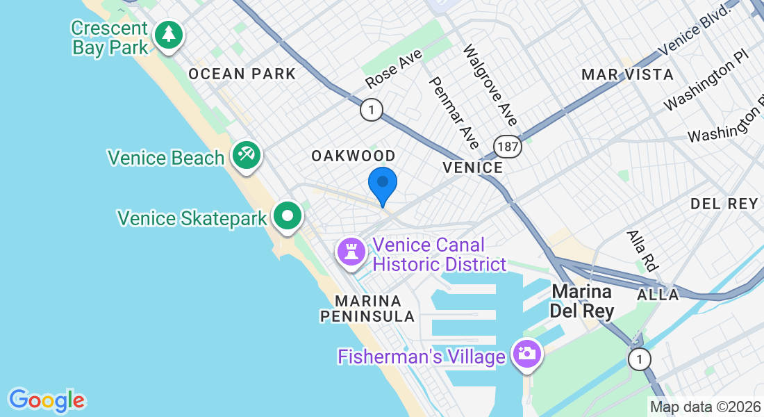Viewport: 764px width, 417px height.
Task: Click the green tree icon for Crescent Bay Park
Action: tap(168, 34)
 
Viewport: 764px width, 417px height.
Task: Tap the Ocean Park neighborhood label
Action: tap(242, 74)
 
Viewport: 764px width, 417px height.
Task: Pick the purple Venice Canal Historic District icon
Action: tap(351, 251)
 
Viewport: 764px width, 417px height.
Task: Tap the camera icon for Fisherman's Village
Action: tap(526, 352)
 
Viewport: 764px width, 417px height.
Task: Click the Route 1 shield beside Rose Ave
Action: tap(372, 109)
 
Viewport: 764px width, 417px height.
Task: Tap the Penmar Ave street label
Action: tap(454, 112)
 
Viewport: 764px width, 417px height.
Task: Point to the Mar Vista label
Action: tap(627, 74)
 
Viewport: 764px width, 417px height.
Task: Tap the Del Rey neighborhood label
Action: tap(724, 204)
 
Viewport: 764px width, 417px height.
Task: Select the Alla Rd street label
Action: tap(642, 250)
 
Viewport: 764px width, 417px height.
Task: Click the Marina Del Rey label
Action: tap(582, 301)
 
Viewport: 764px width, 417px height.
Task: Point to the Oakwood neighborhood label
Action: tap(354, 156)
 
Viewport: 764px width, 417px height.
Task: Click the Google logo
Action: tap(47, 400)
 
